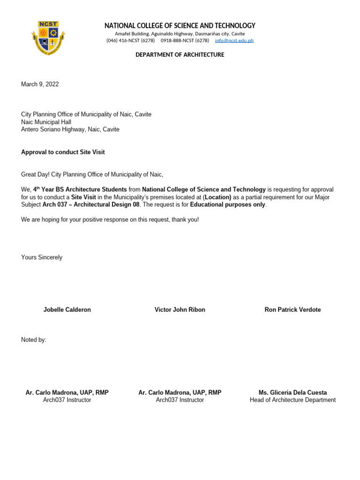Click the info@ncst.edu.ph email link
(x=234, y=41)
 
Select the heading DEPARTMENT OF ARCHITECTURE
(x=180, y=55)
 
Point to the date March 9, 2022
(x=40, y=84)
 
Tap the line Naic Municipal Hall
(x=46, y=122)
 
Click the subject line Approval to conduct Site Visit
(x=63, y=152)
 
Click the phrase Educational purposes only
(x=228, y=205)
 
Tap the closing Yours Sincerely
(x=42, y=257)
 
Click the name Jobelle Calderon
(x=67, y=310)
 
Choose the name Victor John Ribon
(x=180, y=310)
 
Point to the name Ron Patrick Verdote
(x=292, y=310)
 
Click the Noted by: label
(x=34, y=340)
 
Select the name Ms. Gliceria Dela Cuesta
(x=292, y=392)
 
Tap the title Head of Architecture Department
(x=292, y=400)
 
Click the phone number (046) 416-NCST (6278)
(x=130, y=41)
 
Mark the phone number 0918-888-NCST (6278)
(x=185, y=41)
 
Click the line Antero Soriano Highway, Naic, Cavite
(x=70, y=129)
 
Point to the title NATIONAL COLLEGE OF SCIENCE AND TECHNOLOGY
(x=180, y=26)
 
